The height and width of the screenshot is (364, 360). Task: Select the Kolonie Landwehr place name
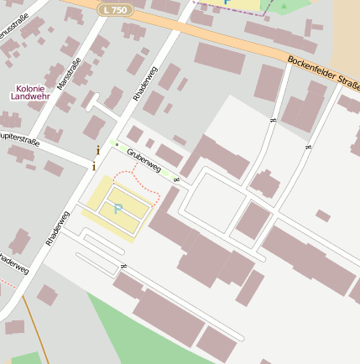(x=34, y=92)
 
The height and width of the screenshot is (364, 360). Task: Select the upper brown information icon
(x=98, y=150)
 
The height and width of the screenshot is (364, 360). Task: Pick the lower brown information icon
(x=94, y=164)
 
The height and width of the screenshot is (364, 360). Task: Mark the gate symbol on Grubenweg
(x=176, y=179)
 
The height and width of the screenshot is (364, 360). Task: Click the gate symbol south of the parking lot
(x=124, y=266)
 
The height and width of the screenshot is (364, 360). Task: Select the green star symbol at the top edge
(x=284, y=7)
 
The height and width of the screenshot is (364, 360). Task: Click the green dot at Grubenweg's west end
(x=116, y=143)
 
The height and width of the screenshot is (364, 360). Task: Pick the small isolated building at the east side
(x=323, y=216)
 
